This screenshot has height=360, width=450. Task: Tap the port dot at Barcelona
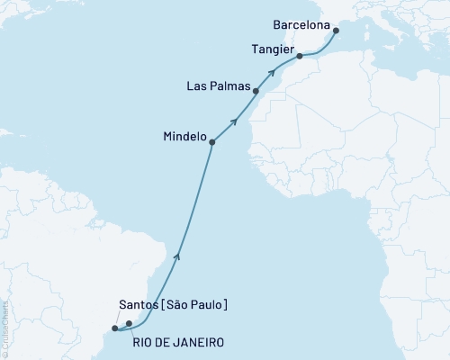point(336,31)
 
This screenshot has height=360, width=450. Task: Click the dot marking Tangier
point(300,57)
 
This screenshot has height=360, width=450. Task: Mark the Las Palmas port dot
point(256,91)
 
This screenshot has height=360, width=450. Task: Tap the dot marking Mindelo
point(212,141)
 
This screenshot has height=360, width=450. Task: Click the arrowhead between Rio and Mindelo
point(177,256)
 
